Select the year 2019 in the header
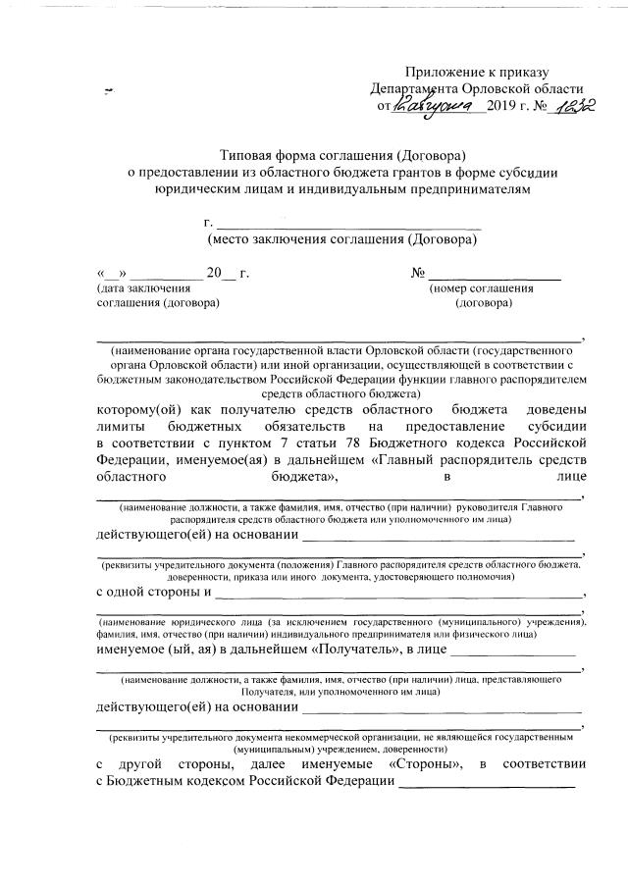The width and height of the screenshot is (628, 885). (502, 106)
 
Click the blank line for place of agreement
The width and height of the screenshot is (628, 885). (348, 226)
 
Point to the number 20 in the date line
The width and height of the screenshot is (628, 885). (215, 273)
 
